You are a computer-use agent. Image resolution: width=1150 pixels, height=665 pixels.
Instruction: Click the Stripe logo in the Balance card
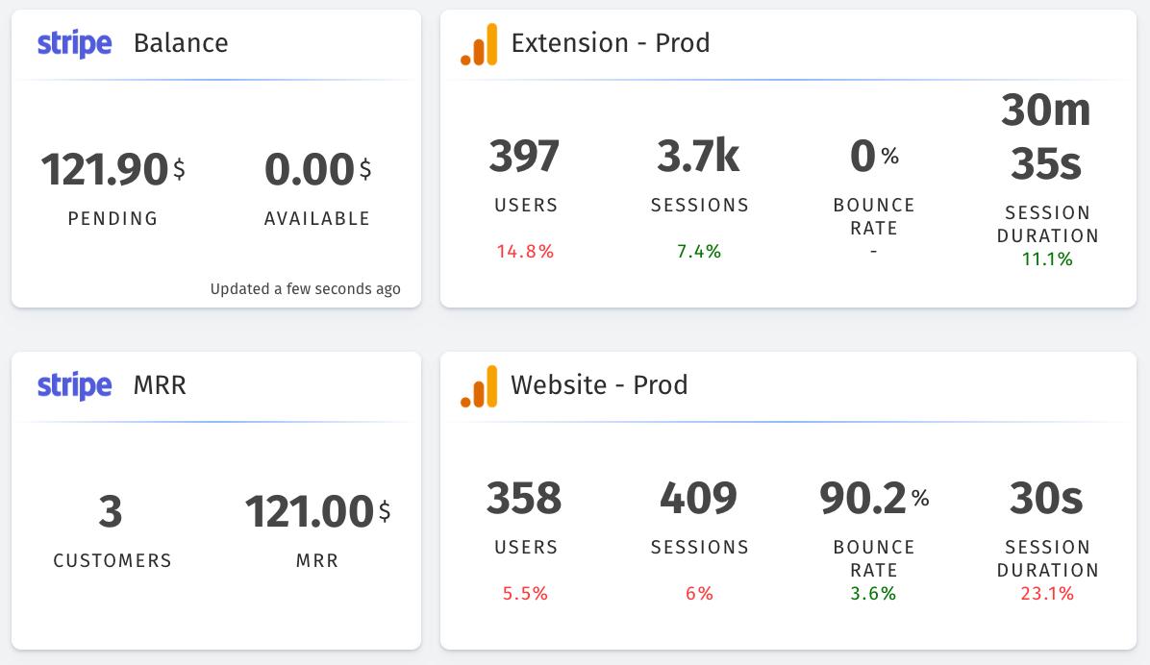tap(74, 44)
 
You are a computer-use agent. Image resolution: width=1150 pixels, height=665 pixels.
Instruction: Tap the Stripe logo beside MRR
tap(74, 386)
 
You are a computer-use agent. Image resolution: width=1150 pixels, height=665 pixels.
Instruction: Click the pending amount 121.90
tap(105, 170)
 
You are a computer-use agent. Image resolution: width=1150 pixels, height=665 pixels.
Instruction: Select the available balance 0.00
tap(310, 170)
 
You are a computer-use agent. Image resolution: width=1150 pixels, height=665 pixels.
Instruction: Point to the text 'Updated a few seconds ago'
tap(305, 288)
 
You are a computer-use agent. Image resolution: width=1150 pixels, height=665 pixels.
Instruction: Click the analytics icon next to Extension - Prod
tap(479, 44)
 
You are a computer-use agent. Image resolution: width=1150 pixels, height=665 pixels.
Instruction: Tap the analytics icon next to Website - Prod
tap(479, 386)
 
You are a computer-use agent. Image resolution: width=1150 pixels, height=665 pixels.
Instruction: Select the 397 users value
tap(525, 157)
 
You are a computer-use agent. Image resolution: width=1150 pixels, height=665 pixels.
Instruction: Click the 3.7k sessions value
tap(699, 157)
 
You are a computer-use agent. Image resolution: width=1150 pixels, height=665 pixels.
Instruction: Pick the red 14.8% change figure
tap(525, 252)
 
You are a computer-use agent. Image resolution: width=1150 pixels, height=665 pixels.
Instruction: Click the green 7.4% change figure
tap(699, 252)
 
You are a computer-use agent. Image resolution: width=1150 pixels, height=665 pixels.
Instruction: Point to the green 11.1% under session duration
tap(1047, 259)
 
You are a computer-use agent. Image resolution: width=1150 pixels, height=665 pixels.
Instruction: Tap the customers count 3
tap(112, 512)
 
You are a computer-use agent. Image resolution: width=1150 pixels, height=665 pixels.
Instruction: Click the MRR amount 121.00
tap(309, 512)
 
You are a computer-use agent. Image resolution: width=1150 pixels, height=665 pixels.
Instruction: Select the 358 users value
tap(525, 499)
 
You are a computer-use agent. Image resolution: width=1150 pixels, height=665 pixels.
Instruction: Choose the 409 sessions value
tap(699, 499)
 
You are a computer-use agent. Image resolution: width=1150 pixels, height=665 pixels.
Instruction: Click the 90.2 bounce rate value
tap(863, 499)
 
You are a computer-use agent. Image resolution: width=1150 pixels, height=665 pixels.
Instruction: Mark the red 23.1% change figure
tap(1047, 594)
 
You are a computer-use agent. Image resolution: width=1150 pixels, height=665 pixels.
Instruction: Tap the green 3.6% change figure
tap(873, 594)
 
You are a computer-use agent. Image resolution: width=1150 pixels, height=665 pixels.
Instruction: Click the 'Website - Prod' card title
tap(599, 385)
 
